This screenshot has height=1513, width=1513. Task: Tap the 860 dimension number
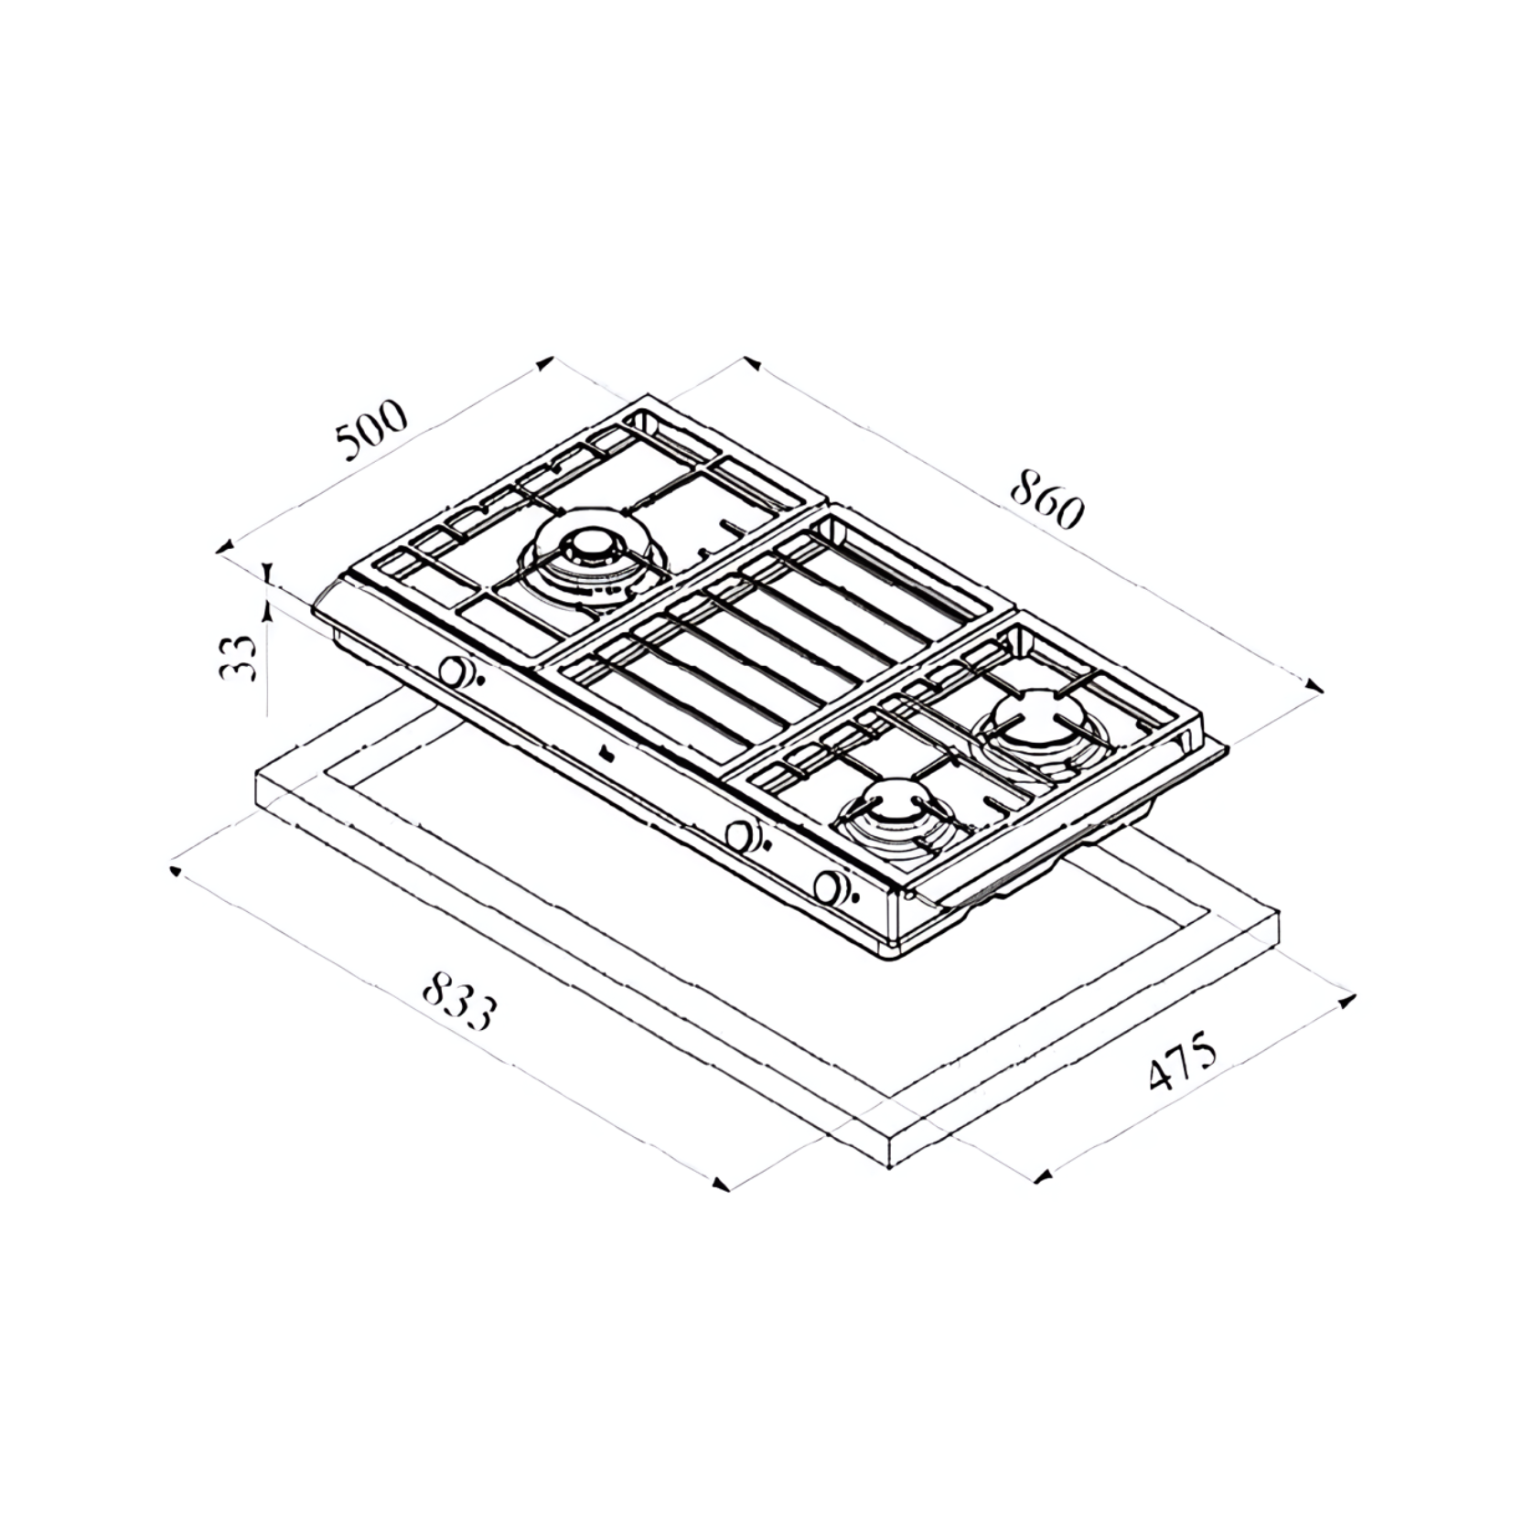(x=1046, y=499)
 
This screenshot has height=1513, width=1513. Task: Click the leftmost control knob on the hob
(x=452, y=671)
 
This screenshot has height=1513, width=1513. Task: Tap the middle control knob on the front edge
(x=738, y=834)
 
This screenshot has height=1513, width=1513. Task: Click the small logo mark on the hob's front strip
(x=606, y=754)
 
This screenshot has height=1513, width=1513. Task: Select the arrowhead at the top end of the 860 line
(x=752, y=363)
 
